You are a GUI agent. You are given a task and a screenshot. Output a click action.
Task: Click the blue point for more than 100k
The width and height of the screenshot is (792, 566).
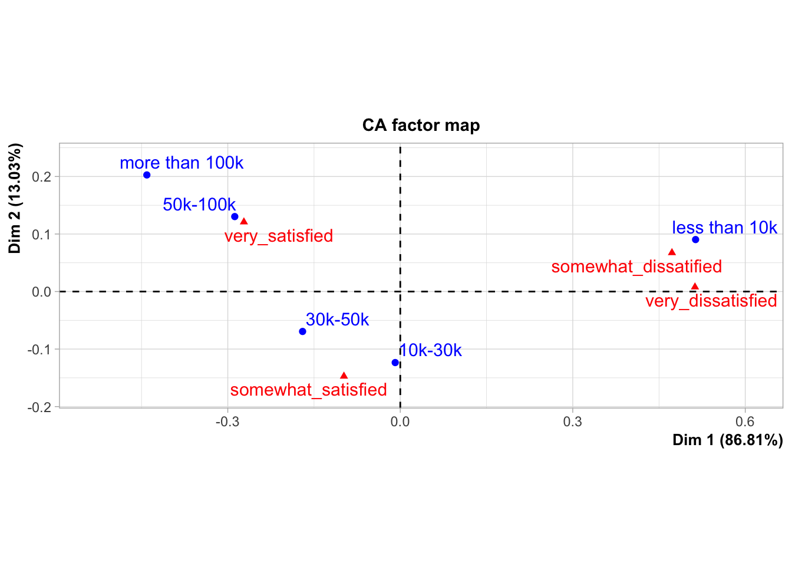pos(147,175)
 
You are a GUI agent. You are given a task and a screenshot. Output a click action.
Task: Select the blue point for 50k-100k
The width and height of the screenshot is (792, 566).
pos(235,217)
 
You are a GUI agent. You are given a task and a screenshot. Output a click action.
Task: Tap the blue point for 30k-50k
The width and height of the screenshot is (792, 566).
pos(302,331)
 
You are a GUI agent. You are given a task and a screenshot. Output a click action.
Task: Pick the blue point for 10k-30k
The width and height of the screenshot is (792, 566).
pos(395,363)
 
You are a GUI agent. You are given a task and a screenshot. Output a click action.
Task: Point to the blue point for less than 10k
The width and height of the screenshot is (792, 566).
pos(695,239)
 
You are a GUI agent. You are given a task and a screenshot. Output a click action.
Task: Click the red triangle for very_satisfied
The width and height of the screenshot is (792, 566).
pos(244,222)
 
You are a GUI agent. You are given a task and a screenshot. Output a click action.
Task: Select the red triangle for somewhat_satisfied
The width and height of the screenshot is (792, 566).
pos(344,376)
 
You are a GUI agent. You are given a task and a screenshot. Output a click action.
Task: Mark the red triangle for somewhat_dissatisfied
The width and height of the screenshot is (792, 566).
pos(672,252)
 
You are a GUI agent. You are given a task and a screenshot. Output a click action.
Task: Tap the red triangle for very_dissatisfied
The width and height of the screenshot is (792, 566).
pos(695,287)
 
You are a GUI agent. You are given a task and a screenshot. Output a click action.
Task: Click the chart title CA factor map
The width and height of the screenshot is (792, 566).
pos(421,125)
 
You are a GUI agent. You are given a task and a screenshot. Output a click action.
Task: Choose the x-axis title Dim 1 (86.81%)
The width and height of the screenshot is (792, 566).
pos(727,440)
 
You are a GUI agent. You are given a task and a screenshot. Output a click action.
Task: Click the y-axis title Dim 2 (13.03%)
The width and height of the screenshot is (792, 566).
pos(15,198)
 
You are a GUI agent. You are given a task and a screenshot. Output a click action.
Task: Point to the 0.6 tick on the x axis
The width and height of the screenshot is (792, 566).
pos(745,422)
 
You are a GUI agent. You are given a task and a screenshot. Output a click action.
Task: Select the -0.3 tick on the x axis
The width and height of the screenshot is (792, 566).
pos(227,422)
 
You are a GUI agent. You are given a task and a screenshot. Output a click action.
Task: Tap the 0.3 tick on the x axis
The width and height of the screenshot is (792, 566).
pos(572,422)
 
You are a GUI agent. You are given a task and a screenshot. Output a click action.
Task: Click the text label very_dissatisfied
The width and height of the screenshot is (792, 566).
pos(711,301)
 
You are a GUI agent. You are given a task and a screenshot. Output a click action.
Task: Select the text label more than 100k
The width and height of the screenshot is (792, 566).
pos(181,163)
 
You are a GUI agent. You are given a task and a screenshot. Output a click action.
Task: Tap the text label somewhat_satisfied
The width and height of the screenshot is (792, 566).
pos(308,390)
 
